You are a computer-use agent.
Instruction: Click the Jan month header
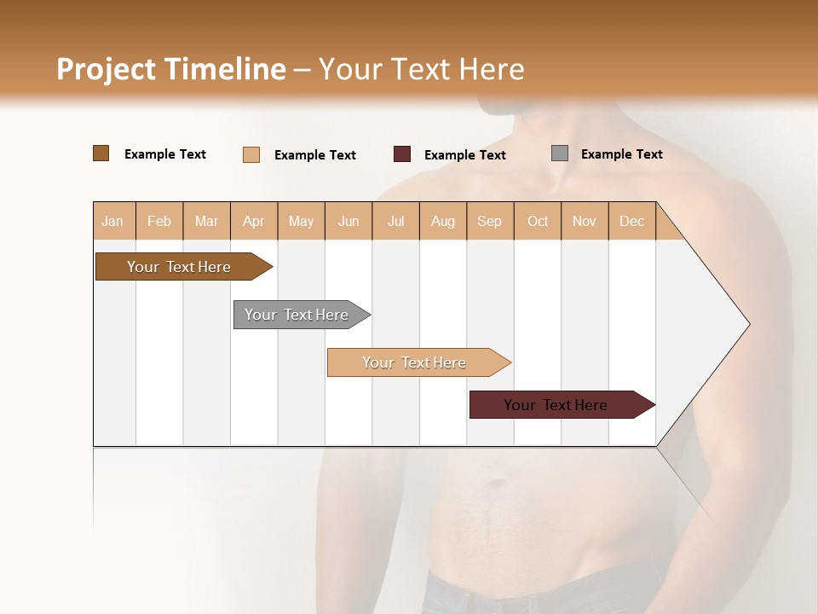(x=112, y=221)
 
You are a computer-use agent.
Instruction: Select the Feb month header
(x=159, y=221)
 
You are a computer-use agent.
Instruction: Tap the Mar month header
(x=206, y=221)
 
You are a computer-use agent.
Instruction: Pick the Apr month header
(x=254, y=221)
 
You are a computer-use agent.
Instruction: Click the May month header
(x=301, y=221)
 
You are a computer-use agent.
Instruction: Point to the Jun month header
(x=349, y=221)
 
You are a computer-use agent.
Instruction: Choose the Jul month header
(x=395, y=221)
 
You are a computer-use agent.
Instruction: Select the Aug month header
(x=443, y=221)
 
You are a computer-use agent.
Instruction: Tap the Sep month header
(x=489, y=221)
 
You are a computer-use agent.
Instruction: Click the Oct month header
(x=538, y=221)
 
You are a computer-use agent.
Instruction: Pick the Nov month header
(x=585, y=221)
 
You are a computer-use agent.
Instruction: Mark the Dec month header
(x=631, y=221)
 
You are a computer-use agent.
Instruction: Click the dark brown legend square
(x=101, y=153)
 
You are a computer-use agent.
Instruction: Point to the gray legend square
(x=560, y=153)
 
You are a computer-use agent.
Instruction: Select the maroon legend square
(x=402, y=154)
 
